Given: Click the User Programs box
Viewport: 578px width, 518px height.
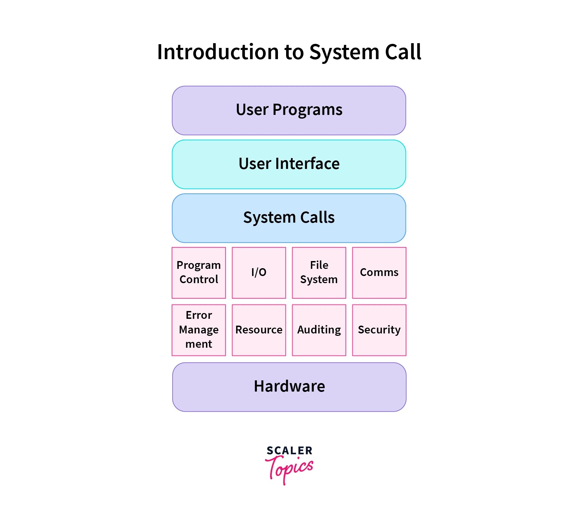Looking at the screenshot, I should coord(289,110).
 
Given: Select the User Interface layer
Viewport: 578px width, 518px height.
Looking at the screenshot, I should coord(289,164).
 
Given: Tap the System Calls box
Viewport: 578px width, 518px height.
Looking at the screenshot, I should coord(289,218).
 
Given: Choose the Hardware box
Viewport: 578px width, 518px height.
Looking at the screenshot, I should coord(289,387).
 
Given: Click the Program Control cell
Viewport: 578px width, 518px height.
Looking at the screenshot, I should coord(199,273).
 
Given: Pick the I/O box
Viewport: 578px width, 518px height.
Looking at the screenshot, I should coord(259,273).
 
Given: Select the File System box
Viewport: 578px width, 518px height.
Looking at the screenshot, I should coord(319,273).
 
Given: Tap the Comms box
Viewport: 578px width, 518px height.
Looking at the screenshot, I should coord(379,273).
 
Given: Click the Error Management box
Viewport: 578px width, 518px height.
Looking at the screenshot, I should coord(199,330).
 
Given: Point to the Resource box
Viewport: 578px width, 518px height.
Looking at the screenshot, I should coord(259,330).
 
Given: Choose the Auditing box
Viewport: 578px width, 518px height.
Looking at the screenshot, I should coord(319,330).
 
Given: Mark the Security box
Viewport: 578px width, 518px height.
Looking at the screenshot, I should coord(379,330).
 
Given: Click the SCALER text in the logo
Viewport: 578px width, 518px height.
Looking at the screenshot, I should coord(289,451).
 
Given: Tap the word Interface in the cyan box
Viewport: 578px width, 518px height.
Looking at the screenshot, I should coord(307,164).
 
